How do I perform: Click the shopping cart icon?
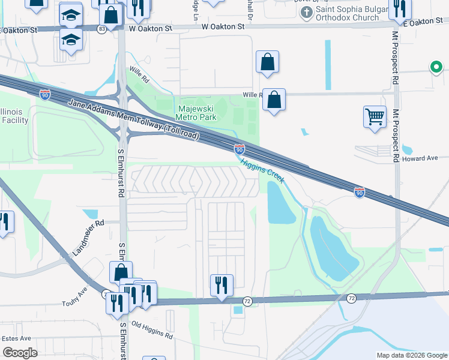click(375, 116)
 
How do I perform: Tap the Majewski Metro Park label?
click(196, 113)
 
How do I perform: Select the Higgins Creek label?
click(262, 170)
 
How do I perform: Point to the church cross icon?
click(307, 13)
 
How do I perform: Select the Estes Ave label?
click(16, 338)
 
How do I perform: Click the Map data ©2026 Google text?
click(411, 355)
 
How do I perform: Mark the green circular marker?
click(436, 67)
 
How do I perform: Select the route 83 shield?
click(103, 28)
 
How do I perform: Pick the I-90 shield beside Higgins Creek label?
click(239, 148)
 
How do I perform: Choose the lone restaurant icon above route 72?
click(221, 284)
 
